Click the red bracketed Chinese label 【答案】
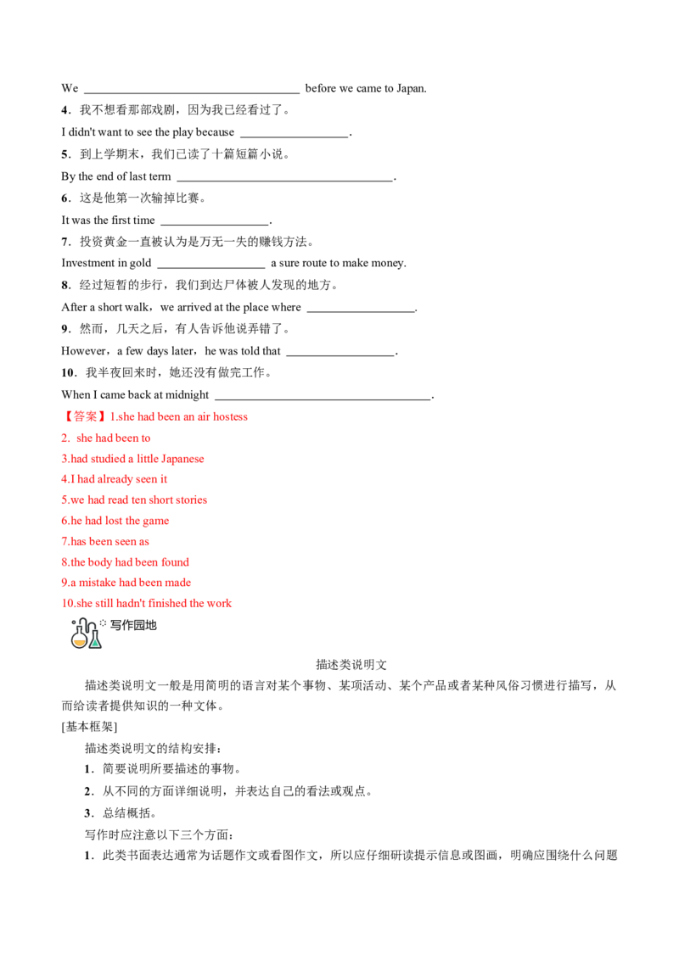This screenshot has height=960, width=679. (x=85, y=416)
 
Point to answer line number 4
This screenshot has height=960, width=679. (x=115, y=479)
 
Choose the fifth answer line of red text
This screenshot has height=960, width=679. (x=135, y=500)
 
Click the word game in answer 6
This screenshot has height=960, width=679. (x=157, y=521)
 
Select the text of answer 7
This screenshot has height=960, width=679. (x=105, y=541)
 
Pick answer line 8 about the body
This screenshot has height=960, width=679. (x=125, y=561)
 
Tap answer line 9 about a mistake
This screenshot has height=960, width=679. (x=127, y=583)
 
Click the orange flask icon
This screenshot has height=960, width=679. (x=79, y=641)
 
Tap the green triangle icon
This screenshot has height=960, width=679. (x=96, y=643)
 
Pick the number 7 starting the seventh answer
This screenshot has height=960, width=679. (x=65, y=541)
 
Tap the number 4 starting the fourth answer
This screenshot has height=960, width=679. (x=65, y=479)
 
